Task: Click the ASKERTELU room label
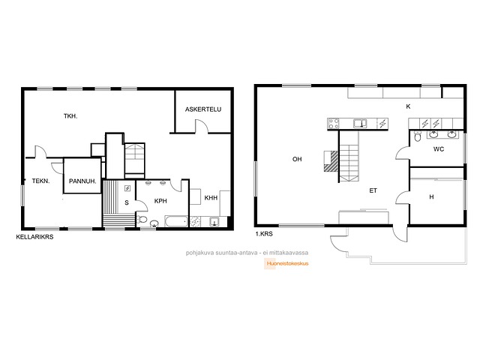(203, 109)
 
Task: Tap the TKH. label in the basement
(70, 116)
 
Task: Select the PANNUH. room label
(82, 181)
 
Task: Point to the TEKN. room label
(40, 181)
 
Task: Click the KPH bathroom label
(160, 201)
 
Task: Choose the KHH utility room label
(211, 198)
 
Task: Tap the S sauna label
(127, 202)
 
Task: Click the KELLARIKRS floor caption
(34, 237)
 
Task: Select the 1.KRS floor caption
(264, 234)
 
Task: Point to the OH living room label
(297, 159)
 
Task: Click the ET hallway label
(373, 190)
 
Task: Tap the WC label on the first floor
(438, 149)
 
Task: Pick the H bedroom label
(431, 196)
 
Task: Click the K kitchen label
(408, 106)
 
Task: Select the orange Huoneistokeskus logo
(286, 263)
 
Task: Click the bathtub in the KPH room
(176, 221)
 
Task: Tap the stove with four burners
(333, 123)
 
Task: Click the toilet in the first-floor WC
(418, 136)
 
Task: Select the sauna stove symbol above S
(127, 188)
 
